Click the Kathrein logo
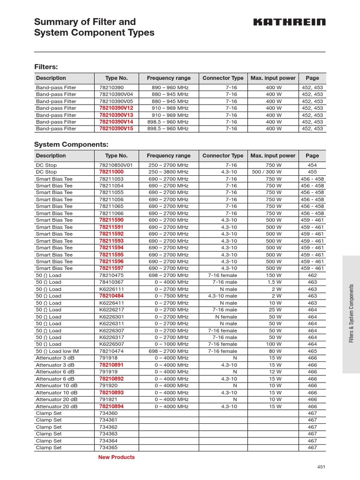[290, 22]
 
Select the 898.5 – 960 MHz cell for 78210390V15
[168, 128]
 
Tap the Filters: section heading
[46, 67]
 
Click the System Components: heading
[71, 144]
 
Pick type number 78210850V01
[116, 165]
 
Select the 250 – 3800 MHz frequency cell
[168, 172]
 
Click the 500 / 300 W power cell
[274, 172]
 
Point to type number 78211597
[111, 269]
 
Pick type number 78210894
[111, 406]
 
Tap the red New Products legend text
[116, 457]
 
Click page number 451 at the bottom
[321, 467]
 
